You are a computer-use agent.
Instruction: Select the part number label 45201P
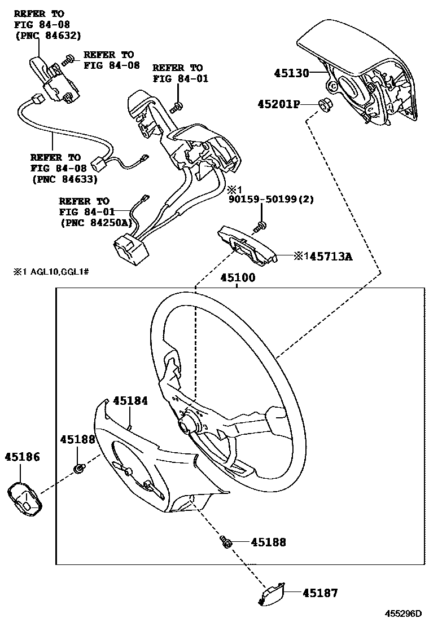click(278, 104)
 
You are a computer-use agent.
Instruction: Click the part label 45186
click(23, 457)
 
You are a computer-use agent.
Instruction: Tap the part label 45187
click(319, 593)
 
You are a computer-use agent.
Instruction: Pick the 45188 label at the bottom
click(268, 542)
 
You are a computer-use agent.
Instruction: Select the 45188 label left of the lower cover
click(78, 440)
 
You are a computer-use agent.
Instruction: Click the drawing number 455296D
click(404, 613)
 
